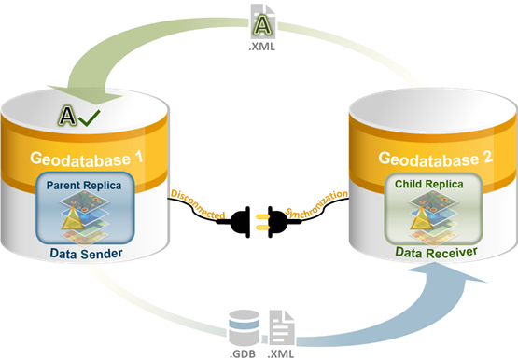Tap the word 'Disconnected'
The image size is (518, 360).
tap(198, 202)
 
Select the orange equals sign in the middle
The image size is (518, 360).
tap(262, 221)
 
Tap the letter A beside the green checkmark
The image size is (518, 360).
tap(67, 117)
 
